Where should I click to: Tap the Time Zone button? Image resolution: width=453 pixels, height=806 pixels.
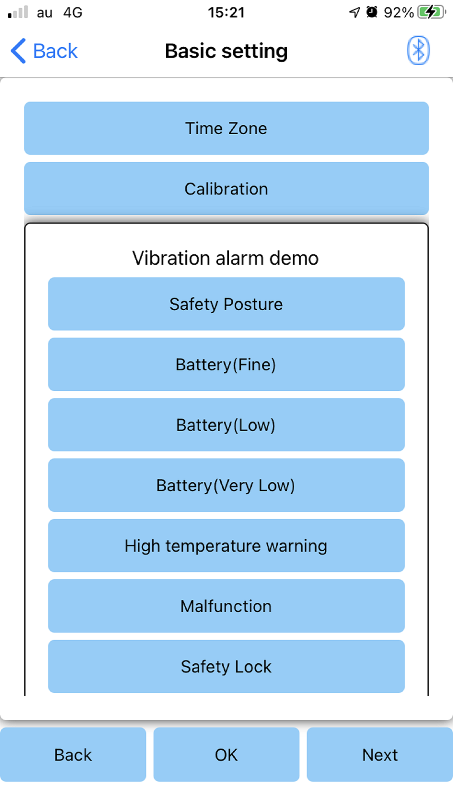(226, 128)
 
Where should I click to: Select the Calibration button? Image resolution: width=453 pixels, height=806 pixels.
(226, 189)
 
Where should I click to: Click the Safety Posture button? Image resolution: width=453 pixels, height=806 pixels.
(226, 304)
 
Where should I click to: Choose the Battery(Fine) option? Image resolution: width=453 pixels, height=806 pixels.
(226, 364)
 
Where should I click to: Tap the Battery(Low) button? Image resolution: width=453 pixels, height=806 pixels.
(226, 425)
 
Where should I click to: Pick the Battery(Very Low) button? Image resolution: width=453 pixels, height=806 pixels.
(226, 485)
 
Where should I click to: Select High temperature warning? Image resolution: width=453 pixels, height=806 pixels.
(226, 546)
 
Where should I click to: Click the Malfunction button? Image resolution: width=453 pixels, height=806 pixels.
(226, 606)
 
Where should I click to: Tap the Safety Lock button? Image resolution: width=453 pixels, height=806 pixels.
(226, 666)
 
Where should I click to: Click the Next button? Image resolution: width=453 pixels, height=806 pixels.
(380, 755)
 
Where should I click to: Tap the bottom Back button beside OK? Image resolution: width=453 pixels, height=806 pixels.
(73, 755)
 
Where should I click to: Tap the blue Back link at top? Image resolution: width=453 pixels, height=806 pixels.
(44, 51)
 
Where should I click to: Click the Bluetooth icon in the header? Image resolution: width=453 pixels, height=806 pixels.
(418, 50)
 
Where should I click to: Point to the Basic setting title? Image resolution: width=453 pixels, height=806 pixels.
(226, 51)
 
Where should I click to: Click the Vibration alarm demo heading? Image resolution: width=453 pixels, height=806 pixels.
(226, 258)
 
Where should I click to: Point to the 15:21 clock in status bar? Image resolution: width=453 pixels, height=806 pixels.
(226, 12)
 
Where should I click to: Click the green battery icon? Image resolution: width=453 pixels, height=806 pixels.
(432, 12)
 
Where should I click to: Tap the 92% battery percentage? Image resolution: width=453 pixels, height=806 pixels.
(399, 12)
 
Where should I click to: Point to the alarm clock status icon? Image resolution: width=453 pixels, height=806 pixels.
(372, 12)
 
